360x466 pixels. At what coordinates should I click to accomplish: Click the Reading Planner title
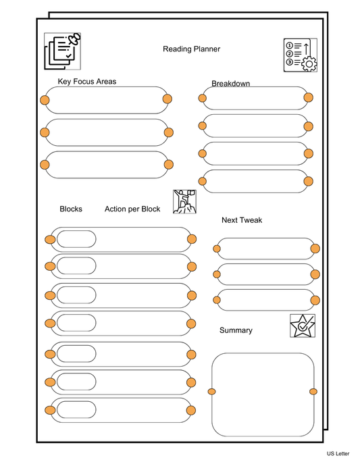(x=191, y=49)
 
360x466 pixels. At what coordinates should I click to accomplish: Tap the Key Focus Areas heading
(x=87, y=82)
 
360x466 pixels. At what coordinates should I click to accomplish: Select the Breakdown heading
(x=231, y=84)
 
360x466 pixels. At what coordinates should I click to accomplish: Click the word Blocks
(x=71, y=209)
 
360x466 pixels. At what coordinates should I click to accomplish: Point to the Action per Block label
(x=132, y=209)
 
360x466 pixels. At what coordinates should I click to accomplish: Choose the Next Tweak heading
(x=242, y=220)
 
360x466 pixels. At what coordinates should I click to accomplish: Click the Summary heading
(x=236, y=330)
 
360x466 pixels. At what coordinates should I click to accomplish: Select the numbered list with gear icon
(x=300, y=55)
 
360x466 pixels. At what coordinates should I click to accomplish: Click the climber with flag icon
(x=184, y=201)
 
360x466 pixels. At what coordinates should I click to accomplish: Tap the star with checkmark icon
(x=302, y=326)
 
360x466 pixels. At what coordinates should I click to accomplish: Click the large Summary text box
(x=262, y=394)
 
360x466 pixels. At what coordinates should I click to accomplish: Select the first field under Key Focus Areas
(x=106, y=100)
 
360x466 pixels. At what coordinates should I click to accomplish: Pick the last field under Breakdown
(x=255, y=181)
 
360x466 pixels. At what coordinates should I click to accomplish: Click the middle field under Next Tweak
(x=266, y=274)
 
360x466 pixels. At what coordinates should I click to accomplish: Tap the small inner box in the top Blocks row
(x=76, y=240)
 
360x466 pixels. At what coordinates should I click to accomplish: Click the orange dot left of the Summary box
(x=212, y=392)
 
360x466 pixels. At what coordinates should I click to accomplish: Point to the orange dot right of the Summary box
(x=313, y=392)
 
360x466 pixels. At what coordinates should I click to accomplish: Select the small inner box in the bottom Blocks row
(x=76, y=410)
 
